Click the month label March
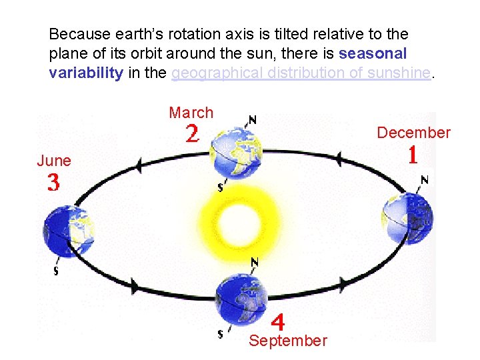(191, 113)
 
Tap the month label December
(413, 133)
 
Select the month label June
(54, 161)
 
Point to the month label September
(288, 341)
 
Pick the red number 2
(191, 135)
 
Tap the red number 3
(53, 183)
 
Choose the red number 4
(278, 322)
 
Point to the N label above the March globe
(251, 120)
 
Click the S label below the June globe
(55, 271)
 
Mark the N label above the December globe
(424, 179)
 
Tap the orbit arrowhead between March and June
(139, 165)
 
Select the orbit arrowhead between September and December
(343, 283)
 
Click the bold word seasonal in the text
(373, 53)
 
